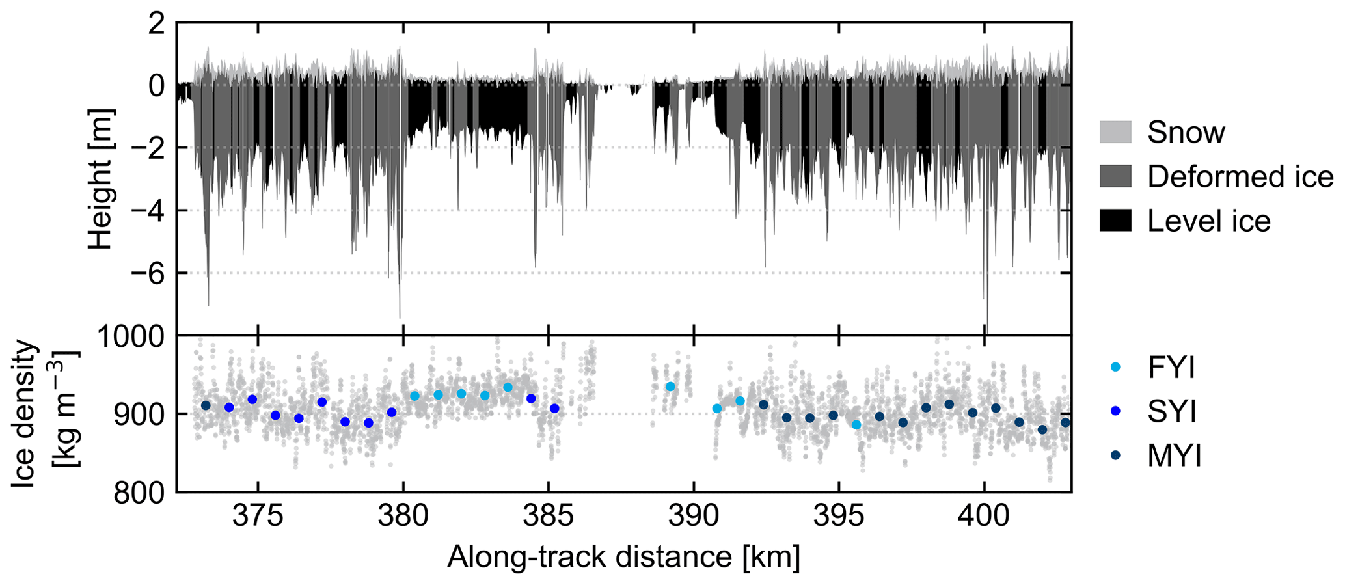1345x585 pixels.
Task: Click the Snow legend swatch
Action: tap(1115, 132)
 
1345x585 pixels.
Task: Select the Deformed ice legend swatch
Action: tap(1115, 176)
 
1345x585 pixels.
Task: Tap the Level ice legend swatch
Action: tap(1115, 221)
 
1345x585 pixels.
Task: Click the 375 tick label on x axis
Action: tap(257, 516)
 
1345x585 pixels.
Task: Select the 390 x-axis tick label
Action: tap(693, 516)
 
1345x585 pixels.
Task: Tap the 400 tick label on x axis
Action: tap(984, 516)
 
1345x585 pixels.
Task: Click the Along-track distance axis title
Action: tap(623, 558)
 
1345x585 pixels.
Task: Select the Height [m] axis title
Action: tap(101, 179)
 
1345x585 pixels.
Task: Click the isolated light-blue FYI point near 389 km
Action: tap(670, 387)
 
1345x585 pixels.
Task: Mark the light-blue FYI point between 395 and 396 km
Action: tap(856, 425)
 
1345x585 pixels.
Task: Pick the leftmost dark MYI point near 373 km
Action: tap(206, 405)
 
